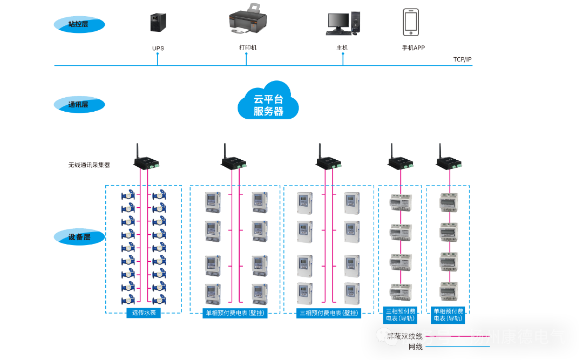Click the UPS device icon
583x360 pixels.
coord(157,23)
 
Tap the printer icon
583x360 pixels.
coord(248,20)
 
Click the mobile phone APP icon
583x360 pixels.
coord(411,22)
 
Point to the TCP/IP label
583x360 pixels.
coord(462,59)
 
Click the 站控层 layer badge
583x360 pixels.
coord(79,24)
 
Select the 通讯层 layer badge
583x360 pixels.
coord(79,104)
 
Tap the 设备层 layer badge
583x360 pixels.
coord(79,236)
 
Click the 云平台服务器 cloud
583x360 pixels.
coord(268,101)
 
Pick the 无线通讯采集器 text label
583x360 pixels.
coord(89,165)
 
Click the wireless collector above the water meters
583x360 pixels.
coord(146,159)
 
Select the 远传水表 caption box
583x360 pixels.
coord(143,313)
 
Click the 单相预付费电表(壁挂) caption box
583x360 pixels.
coord(235,313)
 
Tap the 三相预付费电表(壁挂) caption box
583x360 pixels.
coord(329,313)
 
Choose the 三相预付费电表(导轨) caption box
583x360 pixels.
coord(400,315)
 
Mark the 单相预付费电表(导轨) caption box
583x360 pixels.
coord(449,315)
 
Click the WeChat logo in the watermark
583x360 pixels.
coord(389,337)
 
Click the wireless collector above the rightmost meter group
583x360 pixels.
coord(449,160)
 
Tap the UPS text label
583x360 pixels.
coord(158,48)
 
